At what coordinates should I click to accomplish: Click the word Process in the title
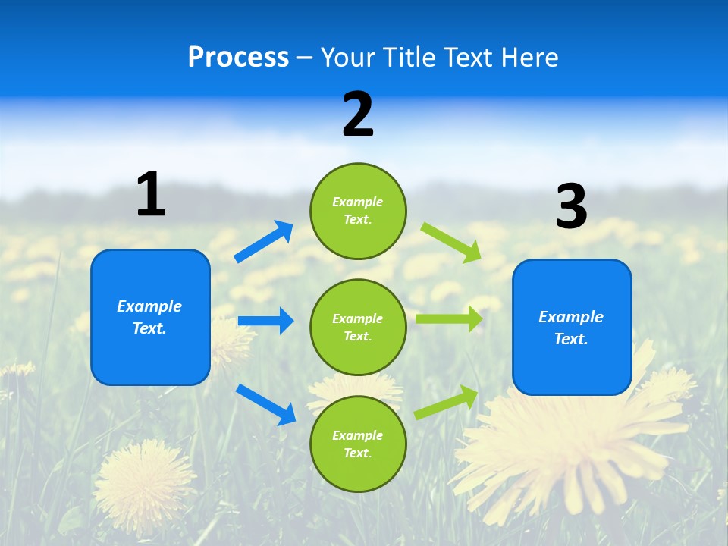[238, 58]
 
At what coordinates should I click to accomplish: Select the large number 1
[151, 195]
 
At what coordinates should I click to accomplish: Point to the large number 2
[358, 115]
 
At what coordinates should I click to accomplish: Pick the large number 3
[572, 207]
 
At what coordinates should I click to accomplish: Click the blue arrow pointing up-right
[264, 241]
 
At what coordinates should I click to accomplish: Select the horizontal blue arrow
[265, 321]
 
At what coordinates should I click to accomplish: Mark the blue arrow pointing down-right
[265, 404]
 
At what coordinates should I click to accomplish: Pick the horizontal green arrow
[449, 319]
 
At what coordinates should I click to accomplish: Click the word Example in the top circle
[358, 202]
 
